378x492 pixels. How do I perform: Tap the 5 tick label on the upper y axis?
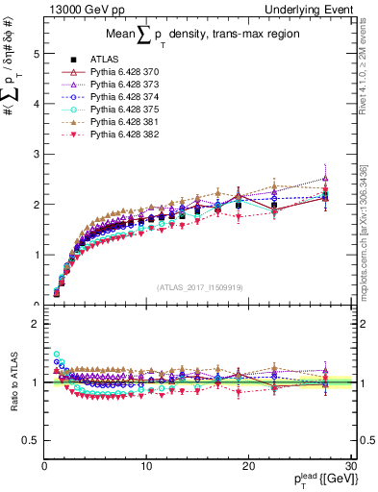click(x=35, y=55)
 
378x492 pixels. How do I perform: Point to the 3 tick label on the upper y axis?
click(x=35, y=155)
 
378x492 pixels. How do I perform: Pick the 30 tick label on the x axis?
click(x=349, y=466)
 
